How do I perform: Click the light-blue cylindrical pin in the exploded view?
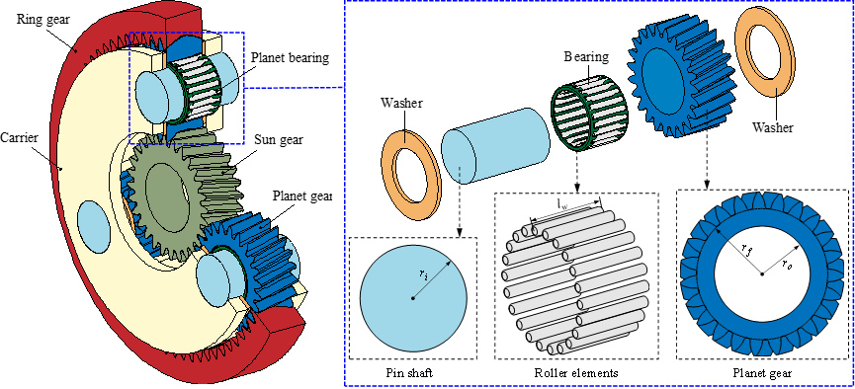pos(494,145)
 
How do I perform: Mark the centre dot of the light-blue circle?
pos(413,297)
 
